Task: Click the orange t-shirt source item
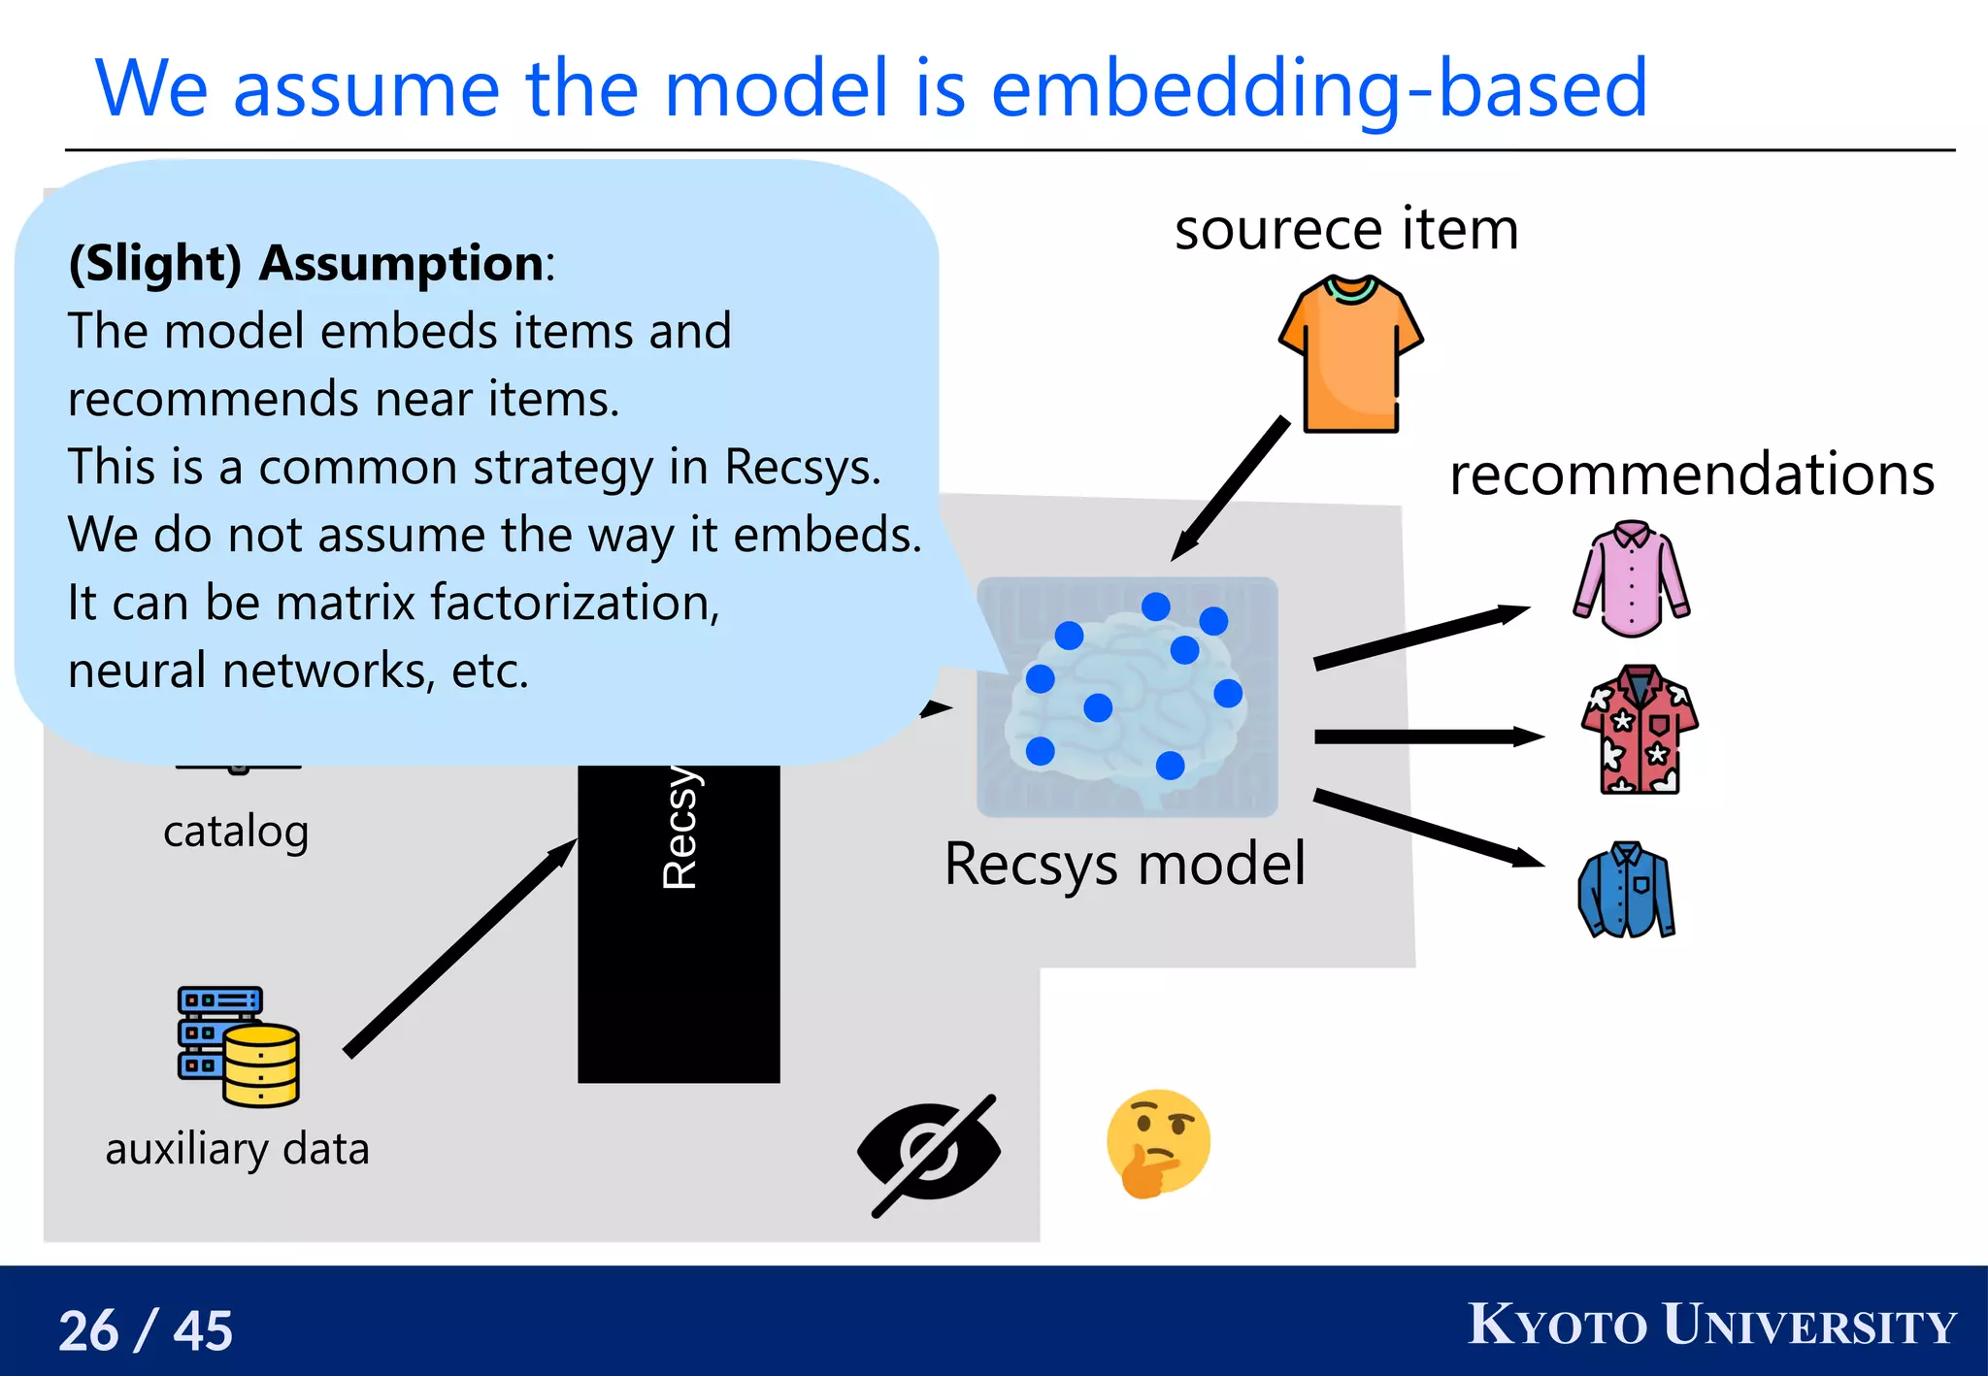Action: (x=1350, y=355)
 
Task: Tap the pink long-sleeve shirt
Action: (x=1631, y=580)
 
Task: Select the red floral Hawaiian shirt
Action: (x=1640, y=730)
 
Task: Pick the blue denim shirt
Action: (x=1627, y=891)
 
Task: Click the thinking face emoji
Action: (x=1157, y=1143)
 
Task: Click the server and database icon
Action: (x=238, y=1046)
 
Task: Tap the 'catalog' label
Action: (x=236, y=832)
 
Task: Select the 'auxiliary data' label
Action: (x=238, y=1149)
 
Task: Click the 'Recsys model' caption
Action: (x=1124, y=864)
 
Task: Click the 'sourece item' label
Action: (x=1345, y=230)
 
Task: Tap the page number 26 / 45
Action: (x=146, y=1329)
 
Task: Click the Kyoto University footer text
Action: (x=1711, y=1325)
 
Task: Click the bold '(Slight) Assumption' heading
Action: (x=309, y=263)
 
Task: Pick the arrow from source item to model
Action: (x=1230, y=489)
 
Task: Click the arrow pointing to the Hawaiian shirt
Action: (x=1427, y=737)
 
